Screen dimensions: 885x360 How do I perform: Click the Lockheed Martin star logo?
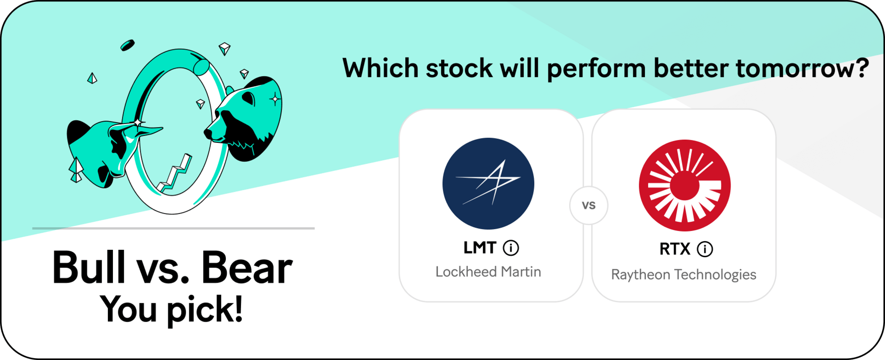point(488,183)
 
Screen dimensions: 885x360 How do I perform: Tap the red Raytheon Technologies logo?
point(684,185)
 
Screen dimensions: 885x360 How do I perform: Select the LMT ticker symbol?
point(480,248)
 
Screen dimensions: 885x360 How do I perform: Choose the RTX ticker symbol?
point(675,249)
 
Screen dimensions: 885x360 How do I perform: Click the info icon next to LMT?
point(511,248)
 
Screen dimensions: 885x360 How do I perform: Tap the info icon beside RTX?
point(705,249)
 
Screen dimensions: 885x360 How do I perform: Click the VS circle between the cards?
point(589,206)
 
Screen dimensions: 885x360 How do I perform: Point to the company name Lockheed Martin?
point(488,272)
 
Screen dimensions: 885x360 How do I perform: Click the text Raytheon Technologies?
point(684,275)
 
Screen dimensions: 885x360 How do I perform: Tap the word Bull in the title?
point(89,267)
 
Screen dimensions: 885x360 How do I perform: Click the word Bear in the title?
point(247,267)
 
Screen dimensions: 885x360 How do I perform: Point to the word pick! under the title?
point(205,310)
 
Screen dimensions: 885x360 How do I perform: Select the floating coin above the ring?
point(127,45)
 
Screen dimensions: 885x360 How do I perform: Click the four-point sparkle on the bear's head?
point(275,99)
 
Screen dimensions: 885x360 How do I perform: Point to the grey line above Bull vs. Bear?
point(173,228)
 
